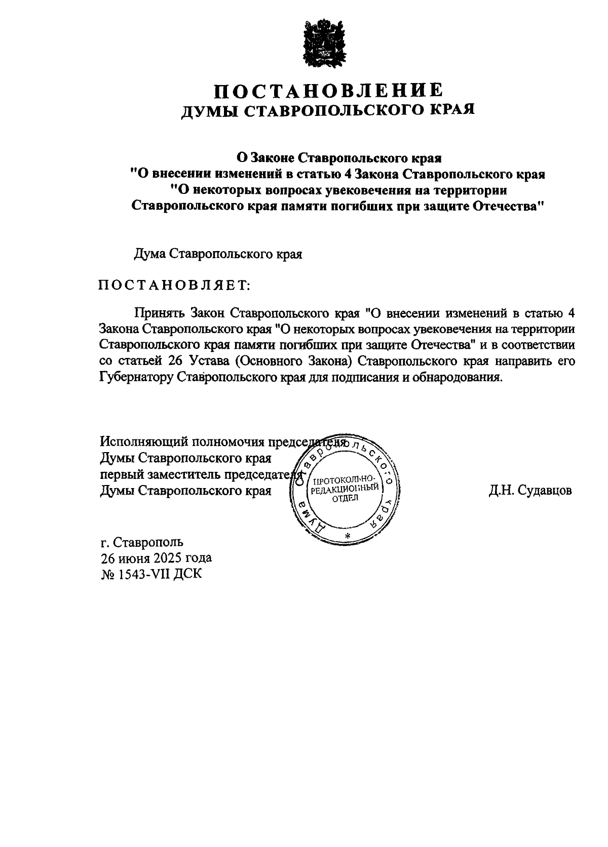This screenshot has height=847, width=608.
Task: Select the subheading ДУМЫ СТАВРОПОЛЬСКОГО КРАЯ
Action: [328, 110]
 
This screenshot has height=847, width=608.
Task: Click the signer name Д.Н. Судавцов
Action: [530, 491]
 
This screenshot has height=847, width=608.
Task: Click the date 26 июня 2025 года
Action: [156, 558]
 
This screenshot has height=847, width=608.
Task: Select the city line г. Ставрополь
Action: [142, 542]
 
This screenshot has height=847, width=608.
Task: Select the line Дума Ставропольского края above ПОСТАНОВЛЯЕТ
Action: [218, 254]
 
